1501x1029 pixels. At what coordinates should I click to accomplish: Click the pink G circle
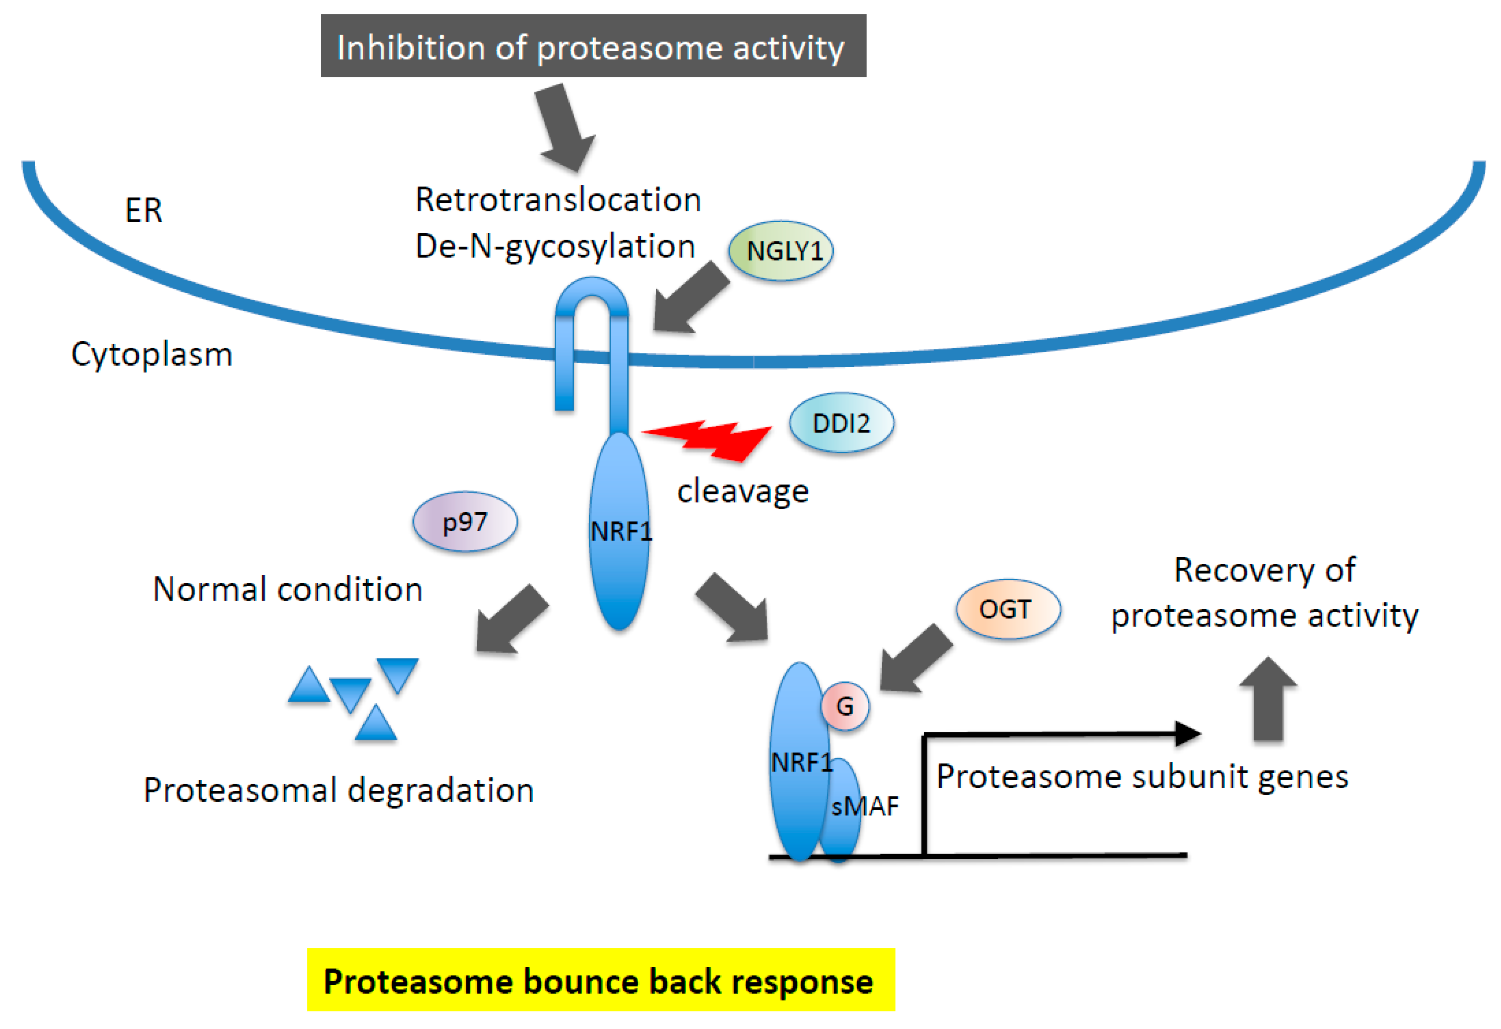click(x=845, y=706)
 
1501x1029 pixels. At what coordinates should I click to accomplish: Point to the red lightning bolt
click(x=707, y=440)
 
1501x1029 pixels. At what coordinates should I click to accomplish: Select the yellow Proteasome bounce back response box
click(x=601, y=979)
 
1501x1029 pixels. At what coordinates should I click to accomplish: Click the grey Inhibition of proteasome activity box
click(x=593, y=46)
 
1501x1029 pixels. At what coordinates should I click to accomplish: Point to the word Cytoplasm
click(x=152, y=354)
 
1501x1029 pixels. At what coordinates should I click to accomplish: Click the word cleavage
click(x=743, y=491)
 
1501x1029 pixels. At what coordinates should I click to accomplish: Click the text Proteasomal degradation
click(x=338, y=790)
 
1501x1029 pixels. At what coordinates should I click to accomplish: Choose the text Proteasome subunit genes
click(x=1142, y=776)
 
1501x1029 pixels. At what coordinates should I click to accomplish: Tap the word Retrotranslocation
click(x=558, y=200)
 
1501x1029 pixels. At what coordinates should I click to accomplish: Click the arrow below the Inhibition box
click(x=563, y=127)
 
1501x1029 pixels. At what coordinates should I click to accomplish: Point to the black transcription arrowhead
click(x=1187, y=733)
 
